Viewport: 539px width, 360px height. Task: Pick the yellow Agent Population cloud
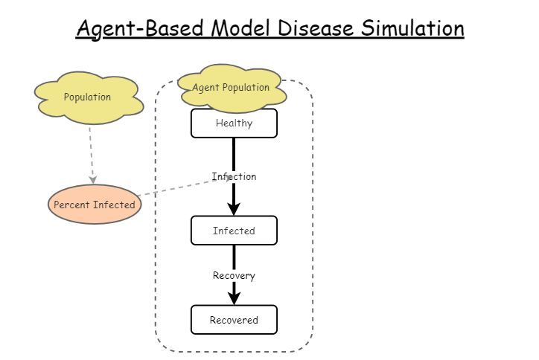pyautogui.click(x=231, y=88)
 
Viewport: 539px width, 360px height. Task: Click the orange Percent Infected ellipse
pyautogui.click(x=95, y=205)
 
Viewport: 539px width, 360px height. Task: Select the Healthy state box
pyautogui.click(x=234, y=123)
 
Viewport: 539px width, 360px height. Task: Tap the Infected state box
pyautogui.click(x=234, y=231)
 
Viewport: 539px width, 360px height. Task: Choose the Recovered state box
pyautogui.click(x=234, y=320)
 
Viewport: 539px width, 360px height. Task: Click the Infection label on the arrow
pyautogui.click(x=234, y=177)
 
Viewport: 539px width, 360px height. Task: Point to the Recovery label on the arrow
pyautogui.click(x=234, y=276)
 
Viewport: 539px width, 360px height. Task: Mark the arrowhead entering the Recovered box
pyautogui.click(x=234, y=298)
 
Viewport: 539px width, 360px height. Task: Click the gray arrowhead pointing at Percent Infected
pyautogui.click(x=93, y=179)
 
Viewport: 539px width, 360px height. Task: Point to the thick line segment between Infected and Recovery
pyautogui.click(x=234, y=257)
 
